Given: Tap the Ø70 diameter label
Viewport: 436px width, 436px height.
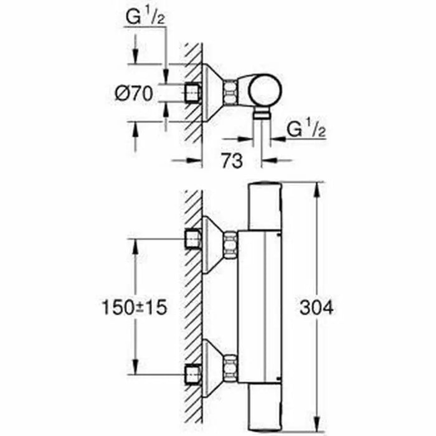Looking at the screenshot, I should click(x=134, y=94).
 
